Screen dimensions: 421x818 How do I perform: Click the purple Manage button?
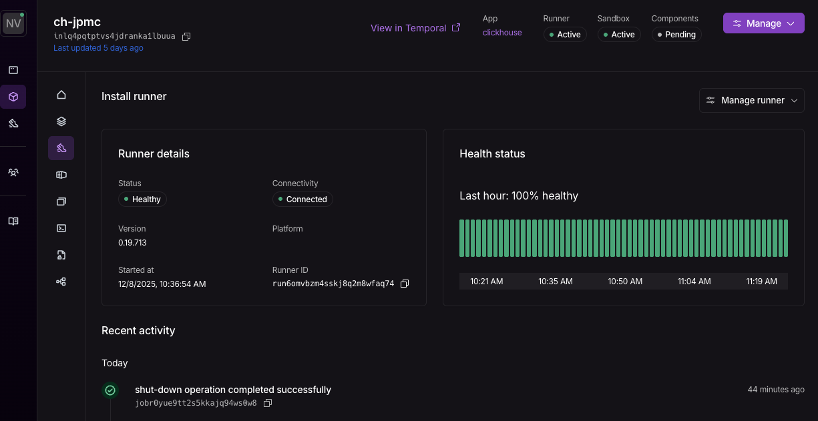tap(763, 23)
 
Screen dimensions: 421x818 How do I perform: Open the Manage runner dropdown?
tap(752, 101)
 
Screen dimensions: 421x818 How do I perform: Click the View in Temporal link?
tap(415, 28)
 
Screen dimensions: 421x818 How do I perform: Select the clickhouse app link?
tap(502, 33)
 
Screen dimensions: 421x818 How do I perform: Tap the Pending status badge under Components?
tap(676, 35)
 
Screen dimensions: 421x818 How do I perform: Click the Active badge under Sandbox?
tap(619, 35)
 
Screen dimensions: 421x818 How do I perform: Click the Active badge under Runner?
tap(565, 35)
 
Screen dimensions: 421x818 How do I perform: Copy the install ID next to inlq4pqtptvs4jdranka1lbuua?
tap(186, 37)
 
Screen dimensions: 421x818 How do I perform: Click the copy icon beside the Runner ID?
tap(404, 284)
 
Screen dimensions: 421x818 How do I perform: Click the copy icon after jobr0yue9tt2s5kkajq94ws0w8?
tap(268, 403)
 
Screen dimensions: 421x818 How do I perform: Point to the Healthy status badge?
tap(142, 199)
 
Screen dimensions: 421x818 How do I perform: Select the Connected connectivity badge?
tap(302, 199)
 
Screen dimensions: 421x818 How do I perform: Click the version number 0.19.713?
tap(132, 243)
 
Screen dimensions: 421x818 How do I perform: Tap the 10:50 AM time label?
tap(625, 282)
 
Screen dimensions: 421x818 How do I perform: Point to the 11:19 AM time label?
tap(761, 282)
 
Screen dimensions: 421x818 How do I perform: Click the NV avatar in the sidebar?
tap(13, 23)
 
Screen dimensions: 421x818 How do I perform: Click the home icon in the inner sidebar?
tap(61, 95)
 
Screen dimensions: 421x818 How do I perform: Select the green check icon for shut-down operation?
tap(110, 390)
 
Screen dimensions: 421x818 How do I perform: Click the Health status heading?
tap(492, 153)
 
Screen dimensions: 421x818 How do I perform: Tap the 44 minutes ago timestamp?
tap(776, 390)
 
